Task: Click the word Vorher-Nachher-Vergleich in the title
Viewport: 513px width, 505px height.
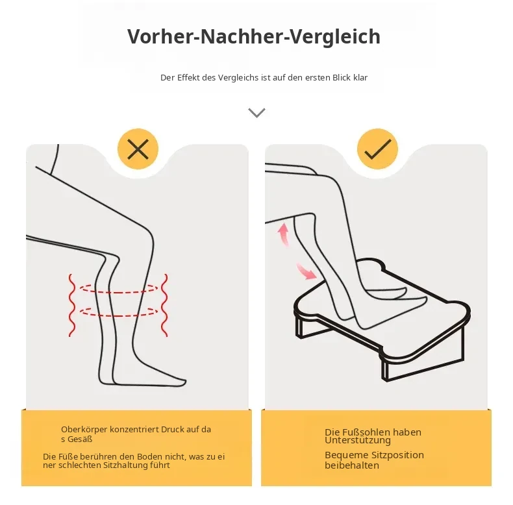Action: [254, 36]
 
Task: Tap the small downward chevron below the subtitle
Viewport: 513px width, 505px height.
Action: [257, 113]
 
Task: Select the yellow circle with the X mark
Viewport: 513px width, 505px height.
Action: [138, 149]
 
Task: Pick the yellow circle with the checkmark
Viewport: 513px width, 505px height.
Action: [377, 149]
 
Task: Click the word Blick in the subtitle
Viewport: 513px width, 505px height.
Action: [342, 77]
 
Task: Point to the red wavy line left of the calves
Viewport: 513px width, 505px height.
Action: [72, 305]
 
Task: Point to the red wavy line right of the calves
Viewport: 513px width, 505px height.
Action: [164, 305]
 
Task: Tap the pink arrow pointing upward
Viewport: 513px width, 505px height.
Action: [283, 234]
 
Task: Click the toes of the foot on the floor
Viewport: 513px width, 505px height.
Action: [179, 382]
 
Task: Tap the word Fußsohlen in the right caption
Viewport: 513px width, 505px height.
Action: [357, 432]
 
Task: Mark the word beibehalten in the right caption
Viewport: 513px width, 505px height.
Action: [352, 465]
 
